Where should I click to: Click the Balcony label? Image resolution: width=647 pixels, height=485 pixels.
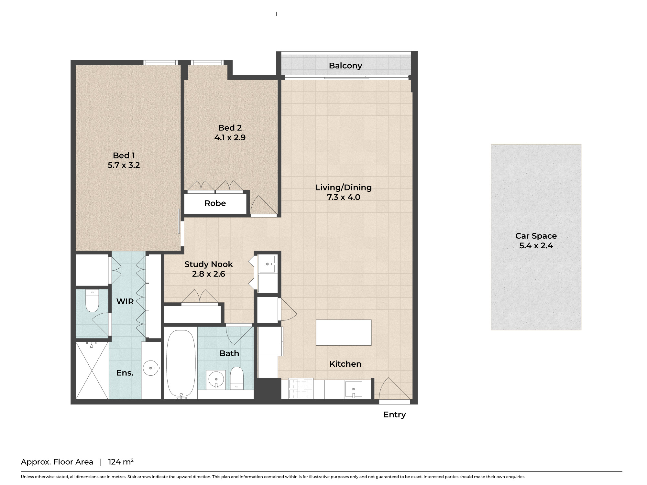tap(345, 66)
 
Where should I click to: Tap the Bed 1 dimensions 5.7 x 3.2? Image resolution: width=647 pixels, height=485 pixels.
tap(124, 165)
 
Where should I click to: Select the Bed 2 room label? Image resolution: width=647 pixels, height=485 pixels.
tap(230, 128)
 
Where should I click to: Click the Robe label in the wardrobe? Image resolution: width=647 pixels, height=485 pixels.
tap(215, 203)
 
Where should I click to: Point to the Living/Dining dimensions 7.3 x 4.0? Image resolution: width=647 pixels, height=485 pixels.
tap(344, 197)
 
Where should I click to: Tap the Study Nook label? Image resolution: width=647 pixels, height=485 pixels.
tap(209, 264)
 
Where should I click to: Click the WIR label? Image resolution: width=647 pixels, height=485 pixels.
tap(125, 301)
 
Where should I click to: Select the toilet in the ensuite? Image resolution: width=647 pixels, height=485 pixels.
tap(92, 301)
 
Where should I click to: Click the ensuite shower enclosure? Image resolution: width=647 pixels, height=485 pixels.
tap(92, 371)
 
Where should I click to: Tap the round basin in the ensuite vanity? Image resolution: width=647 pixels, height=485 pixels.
tap(151, 368)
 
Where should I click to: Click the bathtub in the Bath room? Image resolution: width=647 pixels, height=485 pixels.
tap(181, 364)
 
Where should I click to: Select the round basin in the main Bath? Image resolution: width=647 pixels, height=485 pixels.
tap(216, 379)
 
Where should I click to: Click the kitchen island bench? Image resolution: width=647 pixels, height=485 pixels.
tap(344, 333)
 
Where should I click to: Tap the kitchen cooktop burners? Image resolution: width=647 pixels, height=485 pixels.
tap(301, 389)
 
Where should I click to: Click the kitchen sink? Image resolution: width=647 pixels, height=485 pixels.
tap(354, 389)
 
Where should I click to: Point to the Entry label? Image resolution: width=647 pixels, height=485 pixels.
tap(395, 415)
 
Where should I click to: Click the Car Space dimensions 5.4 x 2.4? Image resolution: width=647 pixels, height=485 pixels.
tap(536, 246)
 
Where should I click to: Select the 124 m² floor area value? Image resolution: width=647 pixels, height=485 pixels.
tap(121, 462)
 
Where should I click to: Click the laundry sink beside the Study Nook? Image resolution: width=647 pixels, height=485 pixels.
tap(268, 264)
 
